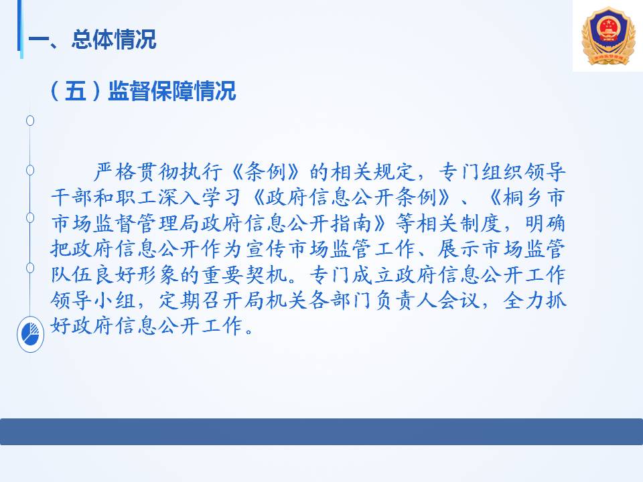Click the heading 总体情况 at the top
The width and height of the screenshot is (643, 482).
114,39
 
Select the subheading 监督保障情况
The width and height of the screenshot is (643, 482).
172,90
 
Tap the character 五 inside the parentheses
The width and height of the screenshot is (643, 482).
76,90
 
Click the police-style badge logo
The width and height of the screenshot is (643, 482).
608,36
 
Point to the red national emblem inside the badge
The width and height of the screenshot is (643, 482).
608,28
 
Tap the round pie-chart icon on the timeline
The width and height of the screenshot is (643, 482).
30,334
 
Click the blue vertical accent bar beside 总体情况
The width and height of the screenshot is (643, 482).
19,29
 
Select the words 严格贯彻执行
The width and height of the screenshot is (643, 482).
158,171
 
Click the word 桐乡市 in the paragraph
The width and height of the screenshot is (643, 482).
534,197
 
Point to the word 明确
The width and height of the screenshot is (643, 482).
545,223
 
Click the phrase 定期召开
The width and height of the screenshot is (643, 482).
201,301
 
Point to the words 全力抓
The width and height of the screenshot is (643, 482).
534,301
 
